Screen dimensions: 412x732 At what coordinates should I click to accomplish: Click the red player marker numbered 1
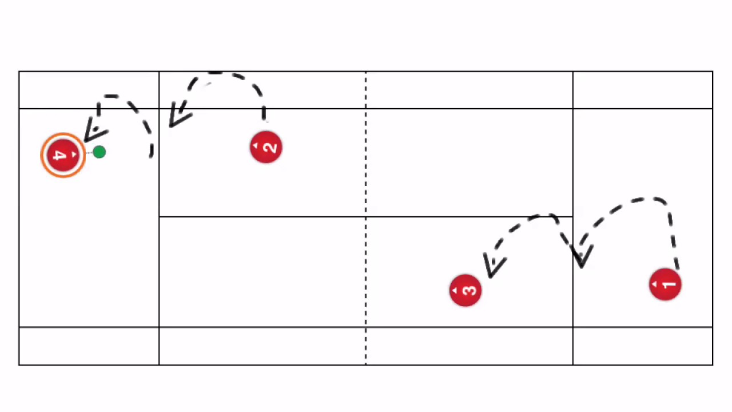pyautogui.click(x=665, y=284)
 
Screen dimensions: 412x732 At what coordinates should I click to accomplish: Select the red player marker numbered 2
pyautogui.click(x=266, y=148)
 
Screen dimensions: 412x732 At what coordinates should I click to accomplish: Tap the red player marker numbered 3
pyautogui.click(x=466, y=291)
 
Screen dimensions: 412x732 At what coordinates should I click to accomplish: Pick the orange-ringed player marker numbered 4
pyautogui.click(x=63, y=156)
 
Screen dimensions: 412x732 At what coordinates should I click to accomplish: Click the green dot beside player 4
pyautogui.click(x=99, y=152)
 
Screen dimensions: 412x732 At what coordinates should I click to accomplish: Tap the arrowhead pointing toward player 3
pyautogui.click(x=493, y=266)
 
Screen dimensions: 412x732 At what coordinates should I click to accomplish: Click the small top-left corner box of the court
pyautogui.click(x=89, y=90)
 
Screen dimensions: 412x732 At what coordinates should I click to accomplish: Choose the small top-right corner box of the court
pyautogui.click(x=643, y=90)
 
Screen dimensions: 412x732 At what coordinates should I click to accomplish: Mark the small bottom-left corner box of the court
pyautogui.click(x=89, y=346)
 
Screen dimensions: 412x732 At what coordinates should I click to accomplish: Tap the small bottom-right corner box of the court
pyautogui.click(x=643, y=346)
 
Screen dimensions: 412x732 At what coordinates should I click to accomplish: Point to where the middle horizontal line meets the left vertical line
pyautogui.click(x=159, y=217)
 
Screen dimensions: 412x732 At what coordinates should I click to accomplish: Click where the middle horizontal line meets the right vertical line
pyautogui.click(x=573, y=217)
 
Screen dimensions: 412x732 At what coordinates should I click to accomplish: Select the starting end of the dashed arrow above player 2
pyautogui.click(x=264, y=119)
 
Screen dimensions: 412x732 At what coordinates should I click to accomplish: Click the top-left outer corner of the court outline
pyautogui.click(x=19, y=72)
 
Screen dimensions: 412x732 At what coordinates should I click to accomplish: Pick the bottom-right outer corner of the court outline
pyautogui.click(x=713, y=365)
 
